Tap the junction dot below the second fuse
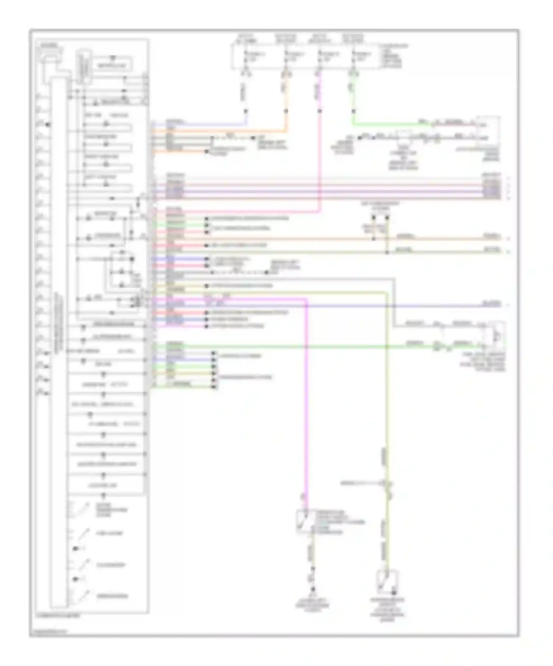(x=286, y=111)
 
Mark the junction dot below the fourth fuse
(x=354, y=111)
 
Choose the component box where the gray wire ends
(x=494, y=335)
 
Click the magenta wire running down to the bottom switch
(x=306, y=405)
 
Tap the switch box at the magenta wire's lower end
(x=306, y=521)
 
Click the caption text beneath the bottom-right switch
(x=387, y=610)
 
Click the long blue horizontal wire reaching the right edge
(x=332, y=306)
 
